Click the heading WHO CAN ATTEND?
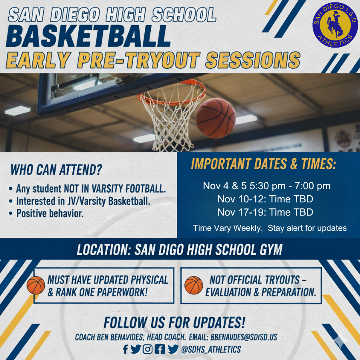point(56,170)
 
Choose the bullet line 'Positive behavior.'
point(50,214)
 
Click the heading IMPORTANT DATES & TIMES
point(263,164)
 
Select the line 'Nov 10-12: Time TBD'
point(265,199)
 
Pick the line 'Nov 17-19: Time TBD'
point(265,212)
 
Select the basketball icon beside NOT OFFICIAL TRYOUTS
point(194,286)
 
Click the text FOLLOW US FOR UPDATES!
point(174,322)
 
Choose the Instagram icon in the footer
point(148,349)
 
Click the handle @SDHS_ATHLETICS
point(211,349)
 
